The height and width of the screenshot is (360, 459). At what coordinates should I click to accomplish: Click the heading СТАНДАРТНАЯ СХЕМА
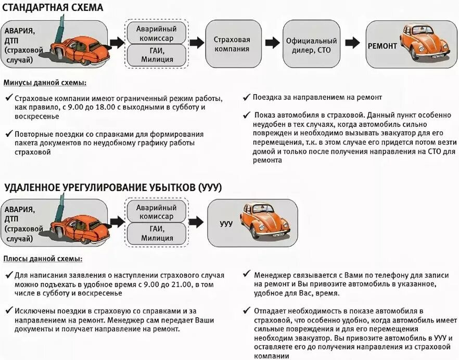pos(53,7)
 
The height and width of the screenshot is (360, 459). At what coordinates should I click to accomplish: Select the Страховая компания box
pos(232,45)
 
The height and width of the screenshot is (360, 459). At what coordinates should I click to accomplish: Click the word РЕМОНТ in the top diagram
pos(382,46)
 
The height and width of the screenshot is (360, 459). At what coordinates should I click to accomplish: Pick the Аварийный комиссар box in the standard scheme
pos(157,33)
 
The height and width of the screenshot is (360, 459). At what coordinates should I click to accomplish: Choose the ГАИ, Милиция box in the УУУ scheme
pos(156,234)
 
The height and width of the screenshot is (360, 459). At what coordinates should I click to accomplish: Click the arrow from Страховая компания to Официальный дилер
pos(271,43)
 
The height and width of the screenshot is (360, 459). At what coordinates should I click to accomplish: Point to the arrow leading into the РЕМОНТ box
pos(352,43)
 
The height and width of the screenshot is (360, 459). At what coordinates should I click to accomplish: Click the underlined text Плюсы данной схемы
pos(43,259)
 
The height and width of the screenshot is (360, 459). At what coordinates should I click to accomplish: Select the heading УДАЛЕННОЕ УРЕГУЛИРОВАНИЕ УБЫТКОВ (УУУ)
pos(113,187)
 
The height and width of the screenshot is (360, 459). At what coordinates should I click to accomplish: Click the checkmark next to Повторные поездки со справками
pos(8,134)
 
